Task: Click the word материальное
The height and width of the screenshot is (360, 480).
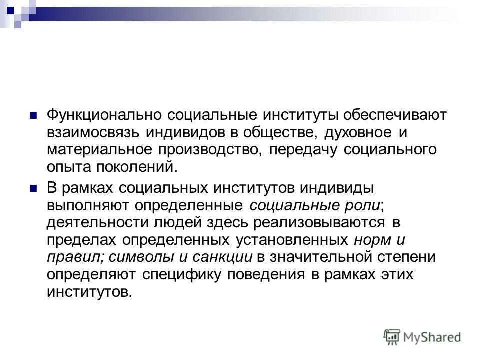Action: [100, 149]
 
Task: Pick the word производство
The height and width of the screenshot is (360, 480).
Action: [213, 149]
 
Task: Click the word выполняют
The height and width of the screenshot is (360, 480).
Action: [81, 205]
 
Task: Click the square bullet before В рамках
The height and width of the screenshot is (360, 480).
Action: [34, 188]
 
